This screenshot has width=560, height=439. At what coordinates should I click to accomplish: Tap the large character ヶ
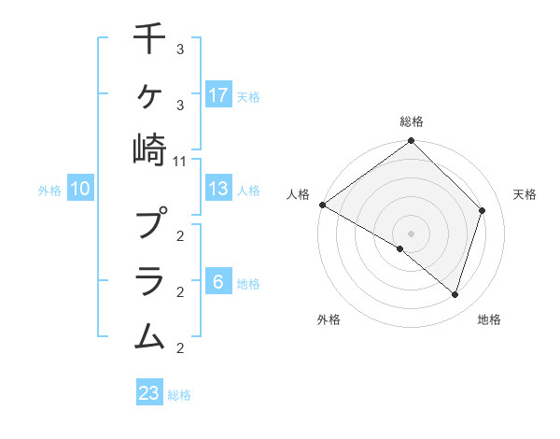pos(149,93)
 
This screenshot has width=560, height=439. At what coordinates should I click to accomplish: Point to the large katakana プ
pos(149,224)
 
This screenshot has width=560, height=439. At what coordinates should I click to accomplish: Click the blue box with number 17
pos(218,94)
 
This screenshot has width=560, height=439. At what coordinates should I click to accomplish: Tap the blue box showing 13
pos(218,189)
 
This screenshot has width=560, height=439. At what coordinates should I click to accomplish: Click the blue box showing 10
pos(80,189)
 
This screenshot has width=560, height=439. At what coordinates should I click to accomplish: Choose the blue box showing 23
pos(149,393)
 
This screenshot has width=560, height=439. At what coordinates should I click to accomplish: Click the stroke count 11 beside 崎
pos(180,161)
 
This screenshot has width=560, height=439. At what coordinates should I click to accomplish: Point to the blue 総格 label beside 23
pos(179,395)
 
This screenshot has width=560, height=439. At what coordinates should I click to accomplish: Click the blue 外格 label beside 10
pos(49,191)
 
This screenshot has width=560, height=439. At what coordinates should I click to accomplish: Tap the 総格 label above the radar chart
pos(412,121)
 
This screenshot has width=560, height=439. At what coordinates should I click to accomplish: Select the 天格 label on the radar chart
pos(525,194)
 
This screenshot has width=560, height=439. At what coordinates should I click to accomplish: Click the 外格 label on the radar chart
pos(329,320)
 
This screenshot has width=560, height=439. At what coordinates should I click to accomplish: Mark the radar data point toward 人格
pos(322,205)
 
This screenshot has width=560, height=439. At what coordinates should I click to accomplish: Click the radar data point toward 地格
pos(455,295)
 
